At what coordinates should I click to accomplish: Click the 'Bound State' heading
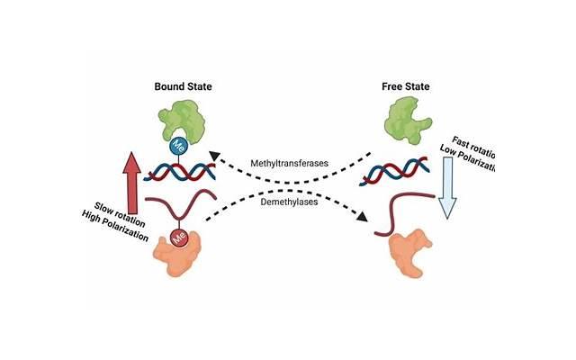186,87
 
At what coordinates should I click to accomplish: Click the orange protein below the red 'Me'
185,261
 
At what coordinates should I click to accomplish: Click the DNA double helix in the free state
410,171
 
